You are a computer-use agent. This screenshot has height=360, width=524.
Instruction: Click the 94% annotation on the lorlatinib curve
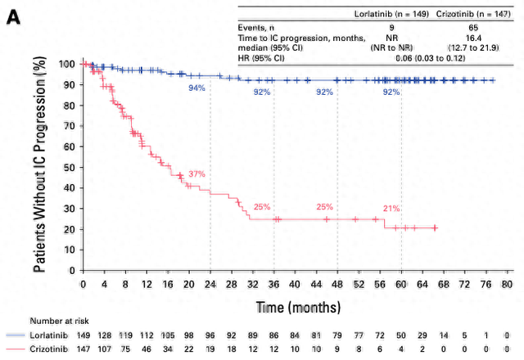click(197, 88)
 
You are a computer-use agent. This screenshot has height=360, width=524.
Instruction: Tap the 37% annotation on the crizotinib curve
click(196, 174)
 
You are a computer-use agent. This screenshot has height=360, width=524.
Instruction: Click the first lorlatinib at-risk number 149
click(84, 335)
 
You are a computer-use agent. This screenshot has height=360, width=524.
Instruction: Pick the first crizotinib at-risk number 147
click(84, 349)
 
